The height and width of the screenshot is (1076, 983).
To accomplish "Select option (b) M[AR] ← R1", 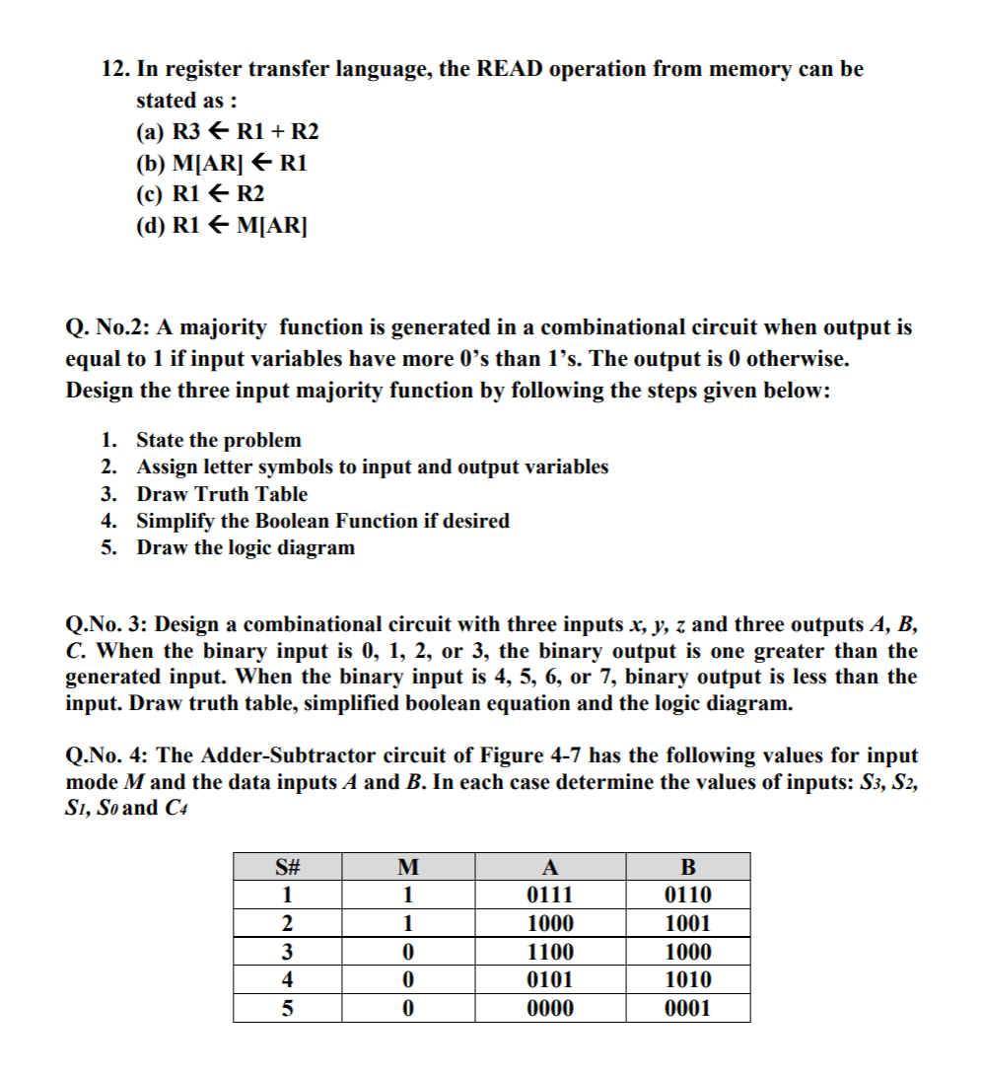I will pos(221,163).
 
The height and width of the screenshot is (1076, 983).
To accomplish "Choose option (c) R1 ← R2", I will pos(199,193).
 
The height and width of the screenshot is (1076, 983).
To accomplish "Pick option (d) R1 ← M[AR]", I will pos(222,224).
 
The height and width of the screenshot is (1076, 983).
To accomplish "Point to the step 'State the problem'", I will pos(218,440).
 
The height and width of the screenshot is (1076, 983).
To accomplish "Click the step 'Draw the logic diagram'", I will pos(245,547).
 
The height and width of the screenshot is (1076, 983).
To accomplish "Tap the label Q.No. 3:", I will pos(105,624).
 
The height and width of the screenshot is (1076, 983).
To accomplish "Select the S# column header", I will pos(287,868).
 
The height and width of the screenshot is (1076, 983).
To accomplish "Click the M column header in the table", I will pos(407,868).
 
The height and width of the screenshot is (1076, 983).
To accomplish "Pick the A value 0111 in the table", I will pos(550,896).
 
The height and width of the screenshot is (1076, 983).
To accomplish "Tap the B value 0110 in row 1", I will pos(687,896).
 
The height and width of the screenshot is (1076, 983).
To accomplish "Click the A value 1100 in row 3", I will pos(550,953).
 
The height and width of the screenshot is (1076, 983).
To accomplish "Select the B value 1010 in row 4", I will pos(687,980).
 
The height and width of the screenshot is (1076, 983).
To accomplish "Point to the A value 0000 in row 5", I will pos(550,1008).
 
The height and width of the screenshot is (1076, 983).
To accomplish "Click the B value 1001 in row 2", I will pos(687,924).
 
